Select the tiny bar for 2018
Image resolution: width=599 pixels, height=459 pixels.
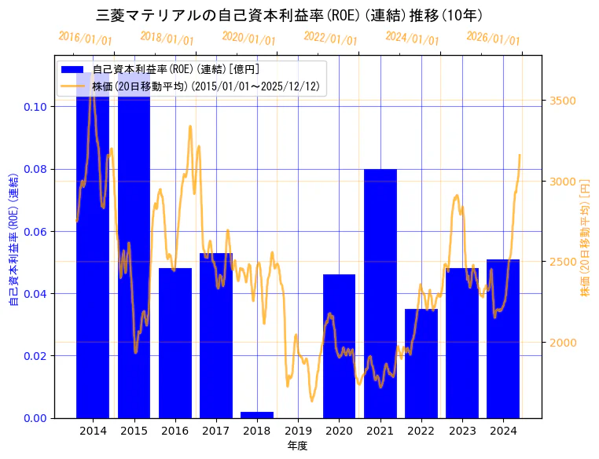[x=257, y=414]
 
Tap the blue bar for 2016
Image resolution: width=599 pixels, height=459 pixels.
[x=175, y=343]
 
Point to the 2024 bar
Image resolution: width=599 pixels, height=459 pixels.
[x=503, y=338]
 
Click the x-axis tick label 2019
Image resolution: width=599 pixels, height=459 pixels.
[x=298, y=431]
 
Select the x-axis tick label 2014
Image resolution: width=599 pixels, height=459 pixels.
[x=93, y=431]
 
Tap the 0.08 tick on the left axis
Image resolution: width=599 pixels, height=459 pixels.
[x=35, y=169]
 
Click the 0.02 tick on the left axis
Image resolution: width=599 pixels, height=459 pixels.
[x=35, y=355]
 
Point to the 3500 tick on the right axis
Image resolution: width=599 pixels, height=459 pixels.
[x=562, y=101]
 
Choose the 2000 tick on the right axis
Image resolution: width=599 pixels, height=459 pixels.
[x=562, y=342]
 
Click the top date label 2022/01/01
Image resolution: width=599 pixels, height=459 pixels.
[x=330, y=39]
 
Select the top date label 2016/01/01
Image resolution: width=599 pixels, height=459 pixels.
[x=86, y=39]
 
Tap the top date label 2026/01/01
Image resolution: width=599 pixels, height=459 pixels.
[x=493, y=39]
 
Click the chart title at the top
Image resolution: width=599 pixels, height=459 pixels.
[x=289, y=15]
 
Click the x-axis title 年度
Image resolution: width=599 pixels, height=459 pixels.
[x=297, y=445]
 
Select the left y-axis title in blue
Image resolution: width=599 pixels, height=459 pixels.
[x=13, y=240]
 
